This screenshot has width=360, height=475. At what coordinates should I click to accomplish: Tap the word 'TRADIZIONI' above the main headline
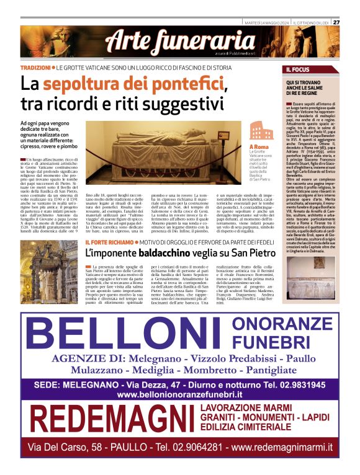point(35,67)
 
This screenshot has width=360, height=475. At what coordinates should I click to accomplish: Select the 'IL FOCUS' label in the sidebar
point(297,69)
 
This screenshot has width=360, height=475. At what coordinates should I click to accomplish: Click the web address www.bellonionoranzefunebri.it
point(179,394)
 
